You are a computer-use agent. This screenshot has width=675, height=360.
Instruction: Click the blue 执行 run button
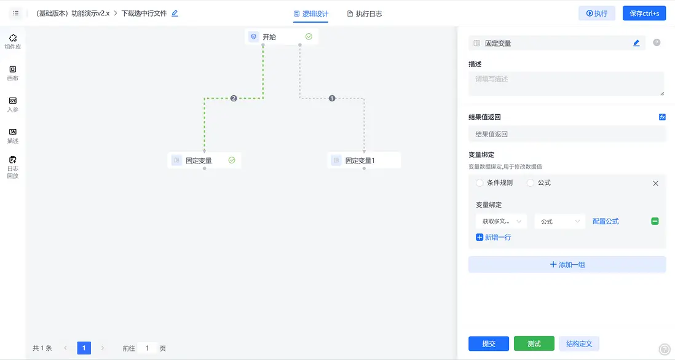point(596,13)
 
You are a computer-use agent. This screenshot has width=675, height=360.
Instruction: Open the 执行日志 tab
point(365,14)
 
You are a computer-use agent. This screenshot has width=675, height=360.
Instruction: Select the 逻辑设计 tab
point(311,14)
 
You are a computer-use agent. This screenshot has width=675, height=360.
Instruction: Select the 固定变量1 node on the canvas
point(364,160)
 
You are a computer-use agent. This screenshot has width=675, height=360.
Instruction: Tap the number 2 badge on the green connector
point(234,98)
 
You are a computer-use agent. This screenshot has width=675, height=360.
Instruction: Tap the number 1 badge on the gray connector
point(332,98)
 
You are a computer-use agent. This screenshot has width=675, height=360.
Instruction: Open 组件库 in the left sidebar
point(13,42)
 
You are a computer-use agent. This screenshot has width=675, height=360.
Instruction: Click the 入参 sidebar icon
point(13,104)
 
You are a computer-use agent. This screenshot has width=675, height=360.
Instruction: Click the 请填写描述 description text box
point(566,84)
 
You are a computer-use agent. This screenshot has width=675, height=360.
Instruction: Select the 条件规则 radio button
point(480,183)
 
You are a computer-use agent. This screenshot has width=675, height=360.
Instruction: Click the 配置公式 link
point(606,221)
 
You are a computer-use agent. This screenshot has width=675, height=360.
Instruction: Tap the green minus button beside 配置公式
point(655,221)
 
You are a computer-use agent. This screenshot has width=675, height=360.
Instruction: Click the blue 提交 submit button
point(489,344)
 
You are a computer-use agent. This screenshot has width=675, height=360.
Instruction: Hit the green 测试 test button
point(534,344)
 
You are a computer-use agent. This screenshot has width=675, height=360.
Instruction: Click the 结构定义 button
point(579,344)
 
